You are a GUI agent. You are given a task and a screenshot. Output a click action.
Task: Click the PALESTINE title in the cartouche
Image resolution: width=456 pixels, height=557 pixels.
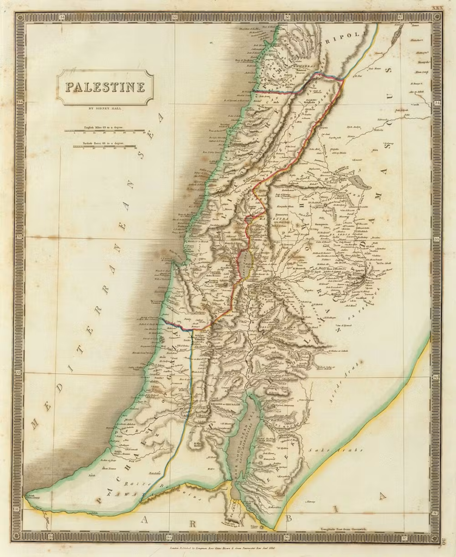click(x=105, y=87)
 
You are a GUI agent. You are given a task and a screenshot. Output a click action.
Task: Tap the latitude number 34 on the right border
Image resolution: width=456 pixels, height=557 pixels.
click(x=437, y=102)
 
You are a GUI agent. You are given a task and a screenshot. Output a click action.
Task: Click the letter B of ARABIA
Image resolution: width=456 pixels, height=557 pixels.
click(x=289, y=518)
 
